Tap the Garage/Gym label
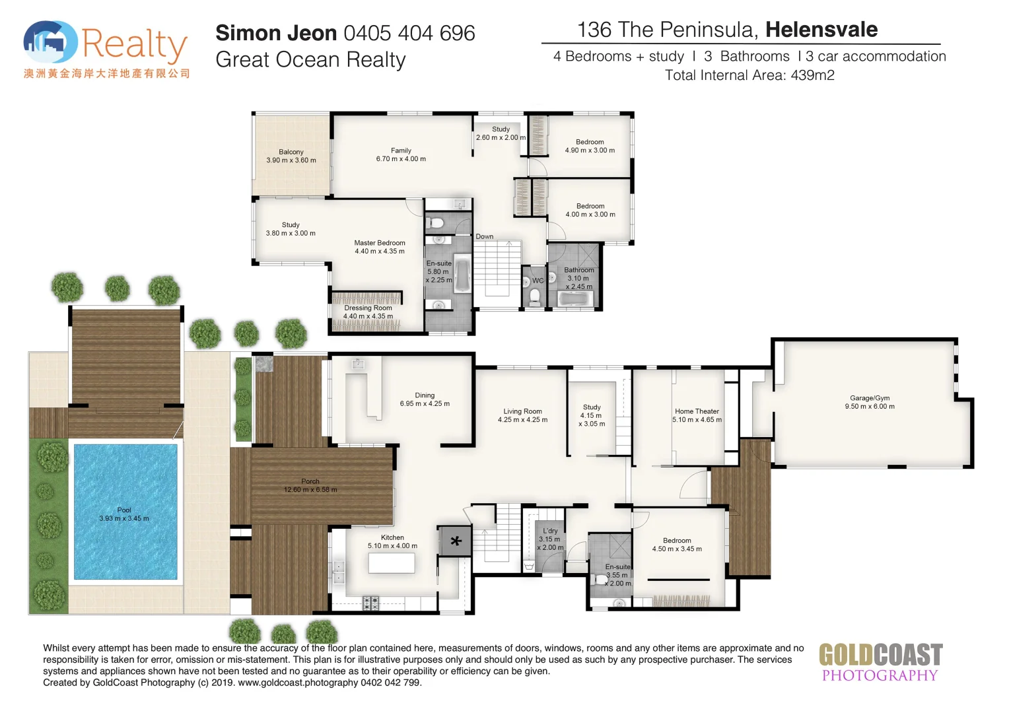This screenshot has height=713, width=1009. point(869,398)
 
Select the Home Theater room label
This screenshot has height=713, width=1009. point(697,411)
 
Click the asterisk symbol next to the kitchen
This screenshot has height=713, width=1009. point(455,542)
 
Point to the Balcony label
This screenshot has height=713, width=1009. point(291,152)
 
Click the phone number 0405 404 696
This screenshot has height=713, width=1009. point(409,33)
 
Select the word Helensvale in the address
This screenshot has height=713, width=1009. point(821,30)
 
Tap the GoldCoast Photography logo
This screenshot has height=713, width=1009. point(880,662)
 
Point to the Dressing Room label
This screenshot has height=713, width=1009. point(368,308)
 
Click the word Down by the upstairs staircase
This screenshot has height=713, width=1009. point(484,236)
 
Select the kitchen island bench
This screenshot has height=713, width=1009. point(391,563)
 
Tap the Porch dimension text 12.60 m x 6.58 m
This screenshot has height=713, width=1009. point(310,490)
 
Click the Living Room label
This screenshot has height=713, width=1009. point(522,411)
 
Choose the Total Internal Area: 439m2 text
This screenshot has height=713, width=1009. point(749,75)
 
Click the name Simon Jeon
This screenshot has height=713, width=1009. point(276,33)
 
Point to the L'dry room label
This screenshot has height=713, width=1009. point(550,531)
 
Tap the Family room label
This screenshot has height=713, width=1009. point(401,151)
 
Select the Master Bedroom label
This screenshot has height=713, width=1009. point(379,243)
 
